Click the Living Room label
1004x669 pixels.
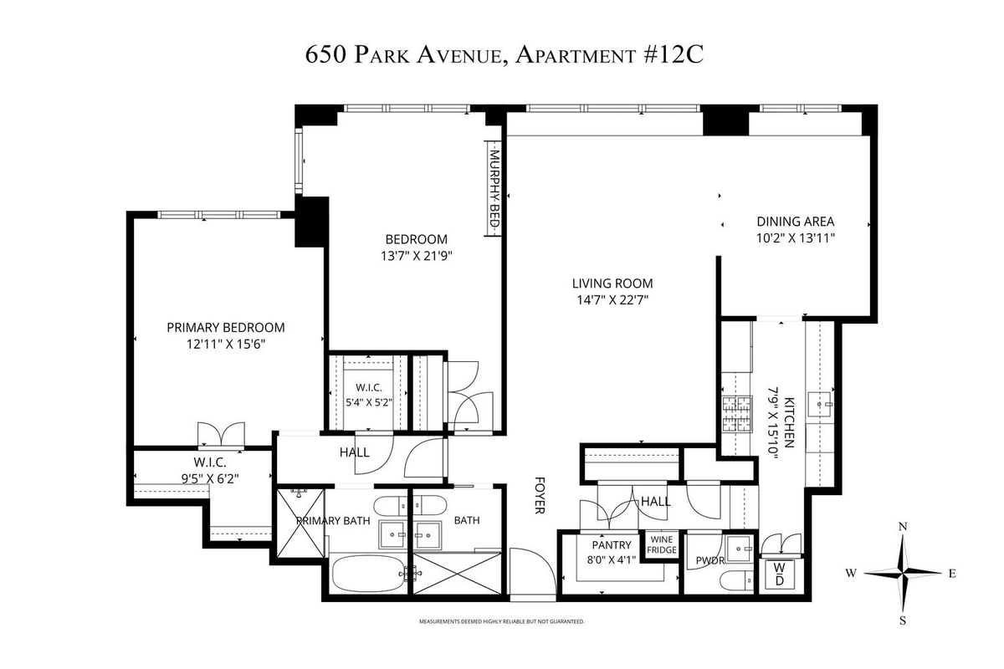[x=612, y=283]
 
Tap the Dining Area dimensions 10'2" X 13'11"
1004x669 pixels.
[x=796, y=238]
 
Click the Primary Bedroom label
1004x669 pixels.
[x=225, y=328]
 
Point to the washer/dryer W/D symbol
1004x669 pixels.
[x=780, y=574]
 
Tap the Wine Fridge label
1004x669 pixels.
[x=662, y=544]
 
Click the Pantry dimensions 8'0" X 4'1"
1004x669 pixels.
[x=612, y=559]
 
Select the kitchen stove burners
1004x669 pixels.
[x=736, y=414]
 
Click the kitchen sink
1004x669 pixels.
[x=819, y=405]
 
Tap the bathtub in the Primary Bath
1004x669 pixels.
[x=367, y=574]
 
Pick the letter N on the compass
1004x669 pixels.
[x=903, y=527]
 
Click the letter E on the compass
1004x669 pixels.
[x=952, y=574]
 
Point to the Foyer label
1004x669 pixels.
[x=540, y=496]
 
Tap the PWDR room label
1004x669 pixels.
[x=710, y=560]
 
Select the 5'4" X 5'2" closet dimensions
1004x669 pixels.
[x=369, y=402]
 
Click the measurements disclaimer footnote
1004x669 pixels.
[x=501, y=621]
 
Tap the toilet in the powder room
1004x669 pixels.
[x=737, y=581]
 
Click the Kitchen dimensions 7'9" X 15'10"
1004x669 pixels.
[x=774, y=423]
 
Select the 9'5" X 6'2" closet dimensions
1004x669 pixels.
[x=210, y=478]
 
